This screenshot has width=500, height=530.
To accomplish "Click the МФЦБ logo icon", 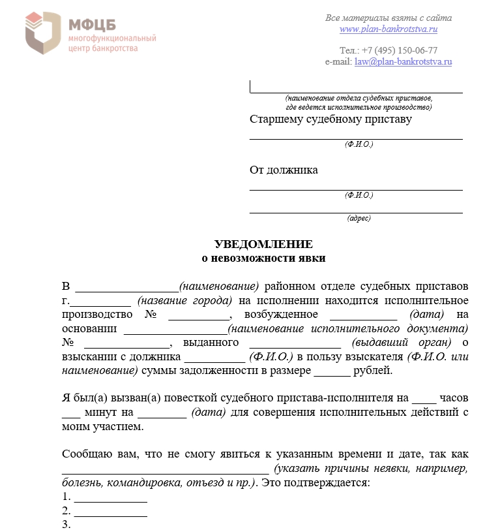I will (44, 33).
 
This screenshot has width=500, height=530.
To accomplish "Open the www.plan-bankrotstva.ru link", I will (388, 29).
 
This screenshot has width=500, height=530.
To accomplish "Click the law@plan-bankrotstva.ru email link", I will (403, 62).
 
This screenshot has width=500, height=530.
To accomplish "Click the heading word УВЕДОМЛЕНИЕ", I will (263, 245).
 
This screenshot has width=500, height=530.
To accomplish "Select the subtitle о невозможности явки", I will (263, 258).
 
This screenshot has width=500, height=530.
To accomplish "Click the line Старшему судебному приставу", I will (331, 119).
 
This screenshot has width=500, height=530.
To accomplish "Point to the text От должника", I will (284, 170).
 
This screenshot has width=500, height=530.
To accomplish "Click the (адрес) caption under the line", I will (359, 219).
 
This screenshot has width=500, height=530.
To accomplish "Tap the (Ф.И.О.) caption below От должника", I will (359, 195).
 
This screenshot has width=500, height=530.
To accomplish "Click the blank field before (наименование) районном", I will (126, 288).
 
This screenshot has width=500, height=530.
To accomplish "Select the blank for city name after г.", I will (100, 302).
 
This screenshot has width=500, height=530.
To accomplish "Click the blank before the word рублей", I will (332, 373).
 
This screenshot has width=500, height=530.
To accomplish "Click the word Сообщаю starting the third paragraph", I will (87, 454).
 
